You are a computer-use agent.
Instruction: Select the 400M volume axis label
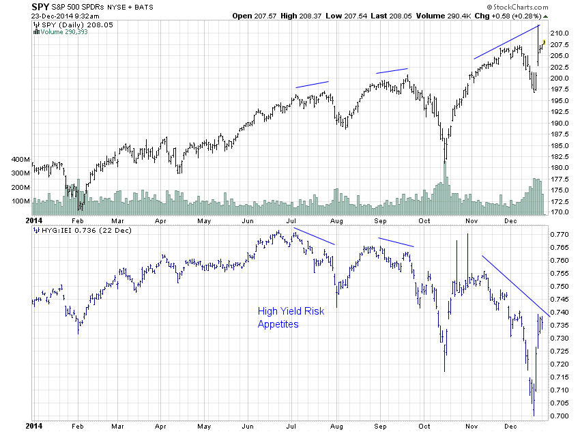[x=20, y=159]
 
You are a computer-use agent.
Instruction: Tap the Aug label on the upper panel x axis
[x=335, y=221]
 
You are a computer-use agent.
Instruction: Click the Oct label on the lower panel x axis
[x=424, y=425]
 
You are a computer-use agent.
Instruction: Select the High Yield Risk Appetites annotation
[x=291, y=317]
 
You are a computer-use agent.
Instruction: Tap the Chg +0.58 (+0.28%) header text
[x=514, y=16]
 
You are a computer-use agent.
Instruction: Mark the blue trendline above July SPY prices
[x=312, y=85]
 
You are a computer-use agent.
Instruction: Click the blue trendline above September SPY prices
[x=392, y=70]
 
